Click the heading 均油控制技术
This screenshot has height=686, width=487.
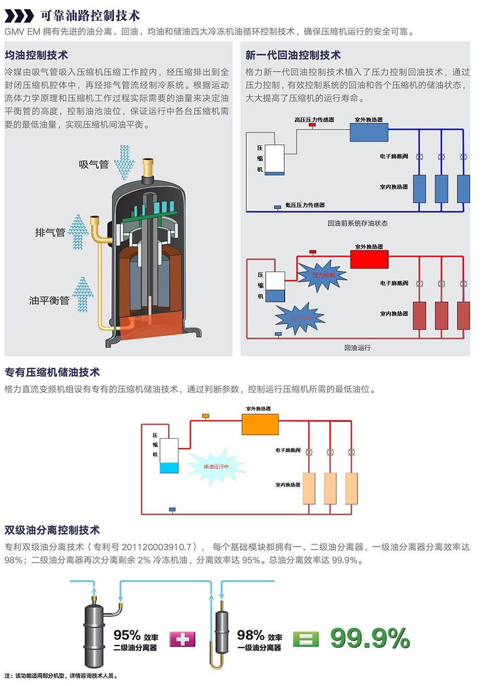click(36, 55)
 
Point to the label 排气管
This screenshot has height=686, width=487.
click(50, 232)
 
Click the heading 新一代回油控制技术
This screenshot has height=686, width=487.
click(293, 55)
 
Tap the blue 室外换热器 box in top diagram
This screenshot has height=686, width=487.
click(368, 132)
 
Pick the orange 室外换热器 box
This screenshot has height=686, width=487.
click(260, 424)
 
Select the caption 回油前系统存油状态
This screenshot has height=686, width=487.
click(358, 223)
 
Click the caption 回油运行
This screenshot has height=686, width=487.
click(358, 348)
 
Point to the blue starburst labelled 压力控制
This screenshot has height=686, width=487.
click(323, 275)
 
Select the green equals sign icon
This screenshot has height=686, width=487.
click(306, 640)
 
